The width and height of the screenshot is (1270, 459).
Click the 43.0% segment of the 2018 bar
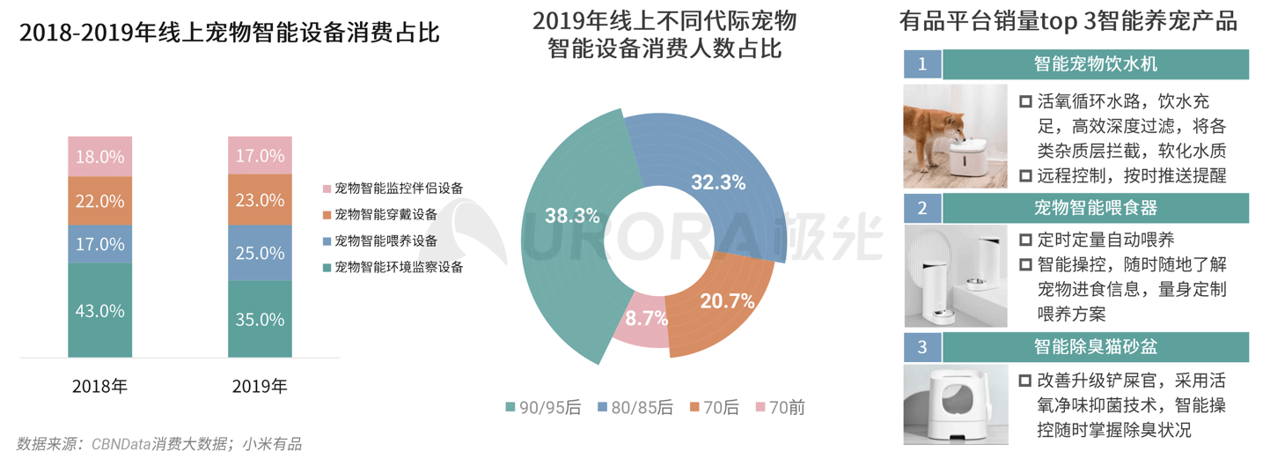(x=99, y=310)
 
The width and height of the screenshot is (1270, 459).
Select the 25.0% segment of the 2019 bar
(x=260, y=253)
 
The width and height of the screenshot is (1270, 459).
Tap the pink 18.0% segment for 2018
(x=99, y=157)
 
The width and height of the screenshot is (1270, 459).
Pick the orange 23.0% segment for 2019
(x=260, y=200)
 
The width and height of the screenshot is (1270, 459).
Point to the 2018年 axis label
(x=99, y=386)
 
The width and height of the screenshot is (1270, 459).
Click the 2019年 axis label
(x=260, y=386)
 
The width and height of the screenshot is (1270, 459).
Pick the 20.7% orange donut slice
(x=722, y=304)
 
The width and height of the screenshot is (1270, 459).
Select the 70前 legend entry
(x=780, y=407)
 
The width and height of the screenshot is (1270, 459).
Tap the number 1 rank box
(x=922, y=64)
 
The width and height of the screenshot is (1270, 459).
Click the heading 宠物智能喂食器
(x=1095, y=208)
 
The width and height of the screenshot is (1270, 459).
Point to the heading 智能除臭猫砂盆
(x=1095, y=346)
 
